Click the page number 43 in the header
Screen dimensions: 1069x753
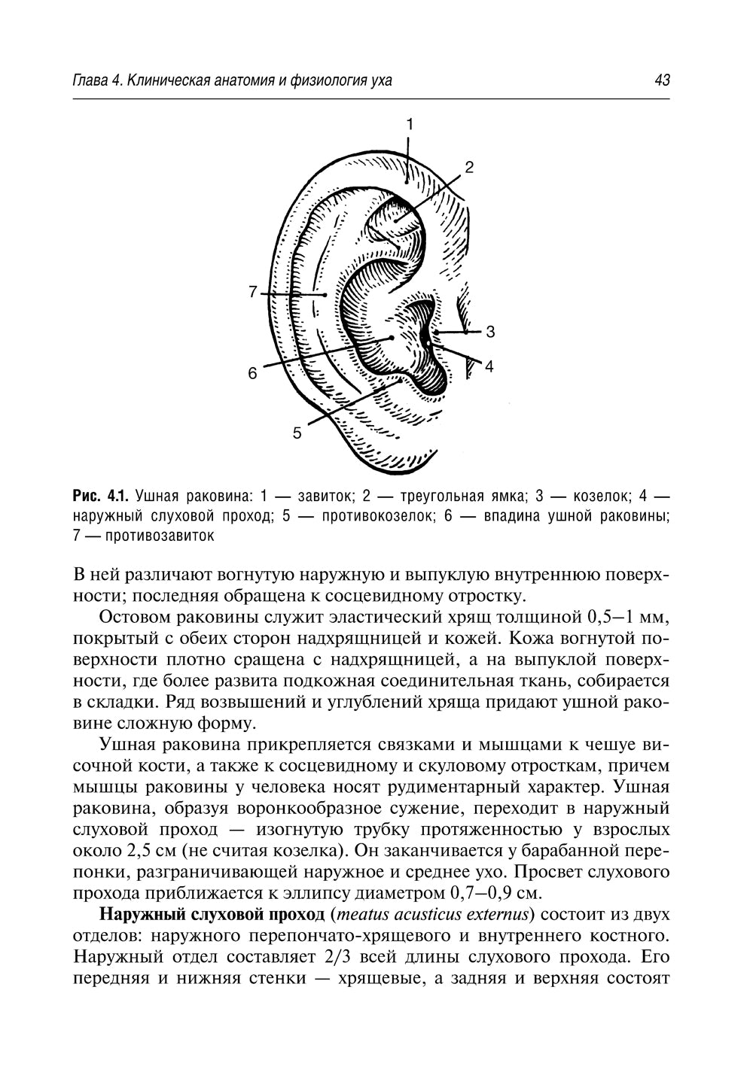(662, 80)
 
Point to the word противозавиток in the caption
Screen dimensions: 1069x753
(160, 536)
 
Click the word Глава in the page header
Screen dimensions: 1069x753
(90, 80)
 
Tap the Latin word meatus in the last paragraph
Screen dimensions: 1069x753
(365, 916)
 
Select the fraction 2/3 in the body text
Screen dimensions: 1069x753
(338, 958)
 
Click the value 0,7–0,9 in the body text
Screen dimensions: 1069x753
(484, 894)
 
